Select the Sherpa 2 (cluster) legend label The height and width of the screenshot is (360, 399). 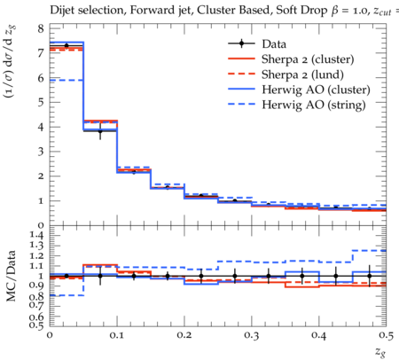pos(308,59)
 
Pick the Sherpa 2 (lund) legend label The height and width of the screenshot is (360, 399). pos(302,74)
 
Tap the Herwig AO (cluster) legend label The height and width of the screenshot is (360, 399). pos(316,90)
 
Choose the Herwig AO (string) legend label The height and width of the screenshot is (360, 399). pos(314,105)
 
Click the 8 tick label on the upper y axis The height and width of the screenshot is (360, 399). pos(41,29)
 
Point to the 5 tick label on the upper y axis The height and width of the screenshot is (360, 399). pos(41,103)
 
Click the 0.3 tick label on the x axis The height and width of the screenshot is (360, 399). pos(252,335)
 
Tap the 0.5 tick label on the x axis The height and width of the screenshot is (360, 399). pos(386,335)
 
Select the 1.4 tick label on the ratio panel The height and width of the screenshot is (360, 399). pos(36,235)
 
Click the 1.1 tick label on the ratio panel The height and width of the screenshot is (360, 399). pos(36,266)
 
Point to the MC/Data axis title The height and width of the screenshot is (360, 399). pos(11,276)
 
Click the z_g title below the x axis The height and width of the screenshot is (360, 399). pos(380,351)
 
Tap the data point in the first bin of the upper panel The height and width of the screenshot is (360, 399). pos(66,45)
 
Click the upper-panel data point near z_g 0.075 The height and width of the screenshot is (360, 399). pos(100,131)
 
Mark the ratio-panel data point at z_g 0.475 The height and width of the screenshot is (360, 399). pos(370,276)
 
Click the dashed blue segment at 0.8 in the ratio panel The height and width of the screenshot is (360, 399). pos(66,295)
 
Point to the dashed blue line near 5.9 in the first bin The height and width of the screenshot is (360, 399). pos(66,80)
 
